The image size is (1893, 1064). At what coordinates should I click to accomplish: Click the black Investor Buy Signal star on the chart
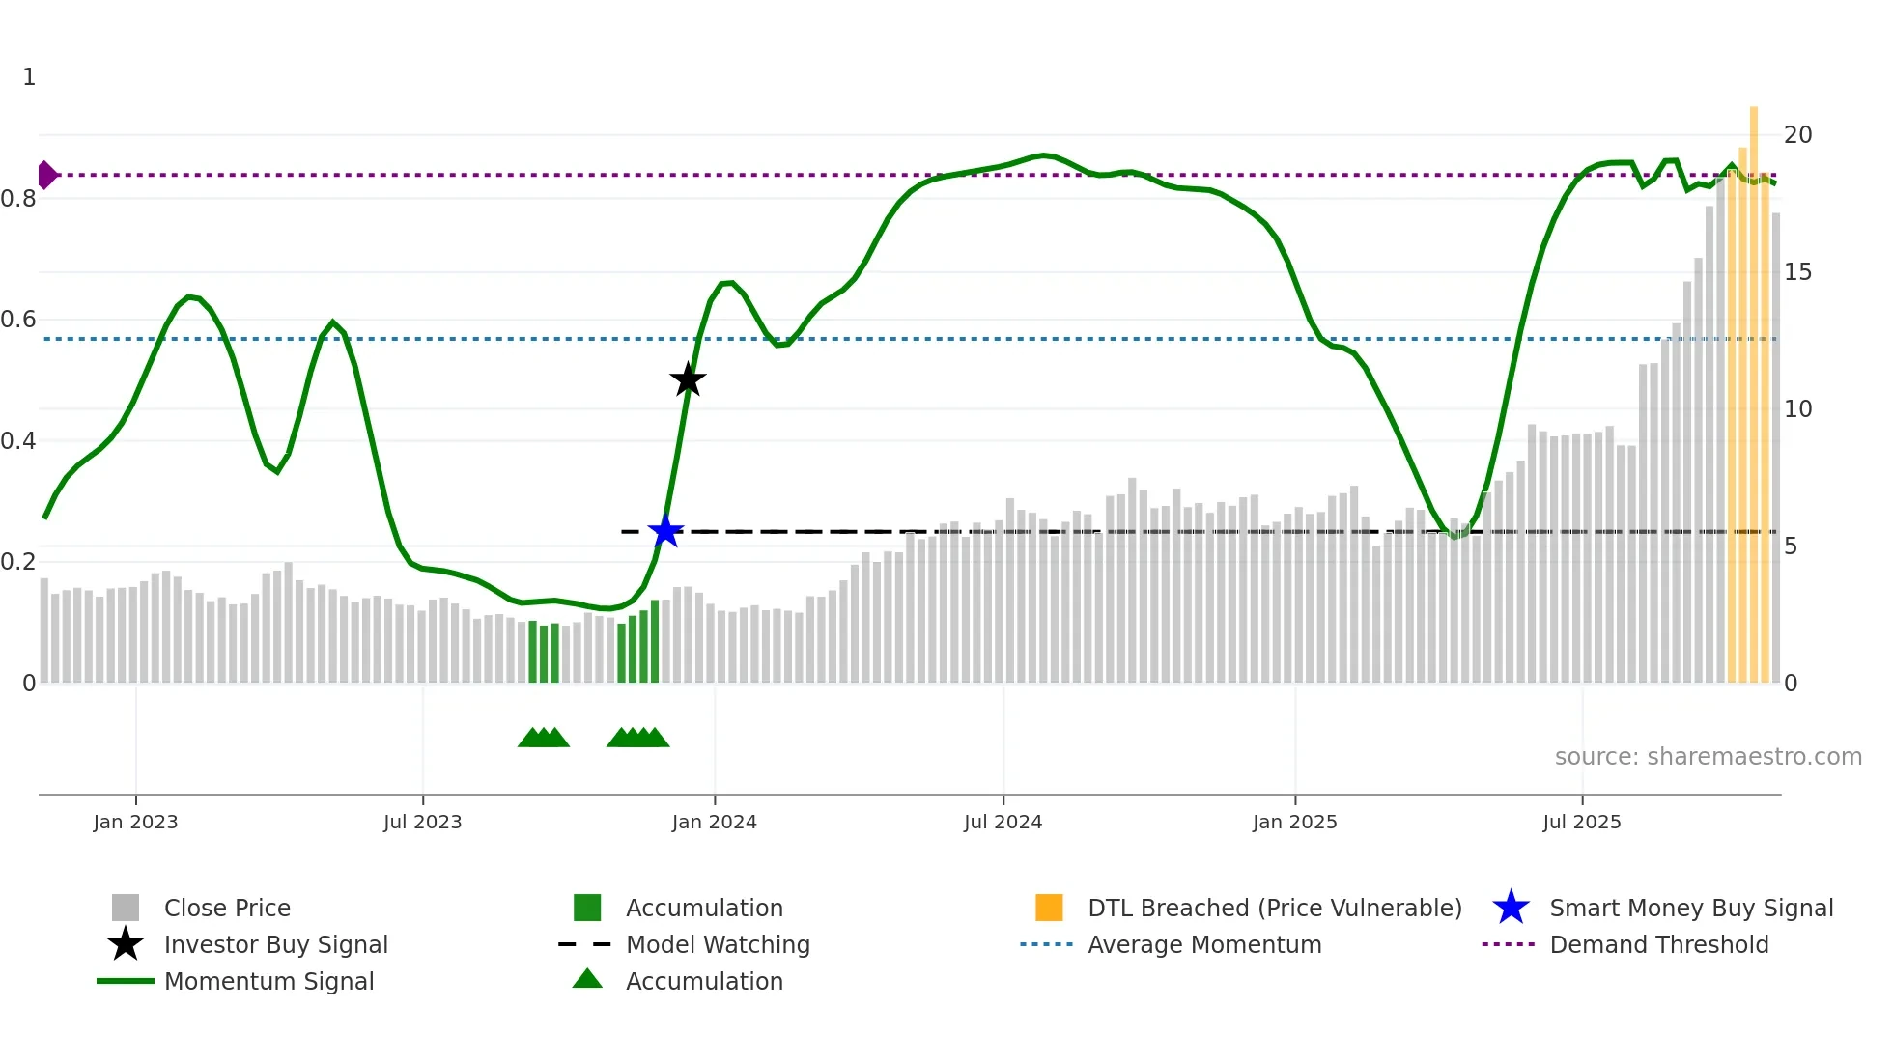688,379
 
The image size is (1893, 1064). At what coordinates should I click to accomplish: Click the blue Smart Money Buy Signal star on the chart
665,531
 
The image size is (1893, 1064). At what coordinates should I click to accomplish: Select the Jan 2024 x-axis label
714,822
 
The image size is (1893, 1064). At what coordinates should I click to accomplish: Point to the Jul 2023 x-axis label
422,822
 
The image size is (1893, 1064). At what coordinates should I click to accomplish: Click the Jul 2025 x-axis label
1581,822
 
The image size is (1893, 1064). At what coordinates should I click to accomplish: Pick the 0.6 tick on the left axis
18,320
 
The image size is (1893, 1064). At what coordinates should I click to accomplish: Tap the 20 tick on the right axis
1797,135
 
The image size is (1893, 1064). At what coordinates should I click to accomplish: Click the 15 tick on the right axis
1797,272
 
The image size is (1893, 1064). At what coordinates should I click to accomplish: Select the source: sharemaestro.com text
1708,757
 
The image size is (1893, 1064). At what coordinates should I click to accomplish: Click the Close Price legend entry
227,908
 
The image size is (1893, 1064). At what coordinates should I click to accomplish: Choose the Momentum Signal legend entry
268,981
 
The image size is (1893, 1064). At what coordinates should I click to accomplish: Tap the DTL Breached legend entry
1274,908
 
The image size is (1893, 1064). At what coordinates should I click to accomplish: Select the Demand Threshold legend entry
1658,944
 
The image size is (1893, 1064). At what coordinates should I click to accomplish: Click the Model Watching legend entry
718,944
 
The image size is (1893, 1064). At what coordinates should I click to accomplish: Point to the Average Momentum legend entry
1204,944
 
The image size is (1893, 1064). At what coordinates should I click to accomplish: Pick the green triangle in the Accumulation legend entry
587,979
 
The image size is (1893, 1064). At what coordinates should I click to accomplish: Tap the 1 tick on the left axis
29,77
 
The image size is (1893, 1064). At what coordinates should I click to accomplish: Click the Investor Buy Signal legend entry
275,944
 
